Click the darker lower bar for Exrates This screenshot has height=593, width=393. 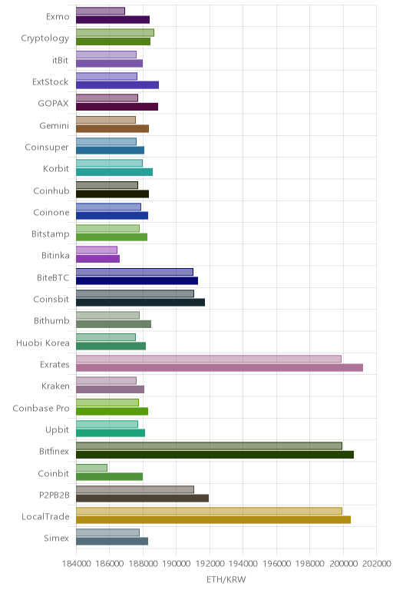[220, 368]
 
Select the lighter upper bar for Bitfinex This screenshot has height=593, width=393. [209, 446]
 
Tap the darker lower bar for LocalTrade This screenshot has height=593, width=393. [213, 519]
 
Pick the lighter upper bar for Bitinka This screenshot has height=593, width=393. [97, 250]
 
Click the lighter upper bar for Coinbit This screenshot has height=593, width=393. [92, 468]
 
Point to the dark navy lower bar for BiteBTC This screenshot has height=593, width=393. [137, 280]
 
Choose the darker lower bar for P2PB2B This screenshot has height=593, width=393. [143, 498]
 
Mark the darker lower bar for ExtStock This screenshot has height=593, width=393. [117, 84]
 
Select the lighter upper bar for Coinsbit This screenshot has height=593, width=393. [135, 293]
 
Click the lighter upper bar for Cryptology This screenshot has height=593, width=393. [115, 32]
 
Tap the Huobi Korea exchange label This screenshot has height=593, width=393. [43, 343]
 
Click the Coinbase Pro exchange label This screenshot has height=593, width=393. [41, 409]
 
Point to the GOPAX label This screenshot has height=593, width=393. [53, 104]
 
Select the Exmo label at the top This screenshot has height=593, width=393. [58, 17]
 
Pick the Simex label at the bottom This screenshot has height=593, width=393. [56, 538]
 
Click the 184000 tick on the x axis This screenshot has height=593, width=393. [76, 564]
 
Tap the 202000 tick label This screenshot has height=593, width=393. [376, 564]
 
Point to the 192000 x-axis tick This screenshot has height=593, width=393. [210, 564]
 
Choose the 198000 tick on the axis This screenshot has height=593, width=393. [310, 564]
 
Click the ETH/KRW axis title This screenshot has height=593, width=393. [226, 579]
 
